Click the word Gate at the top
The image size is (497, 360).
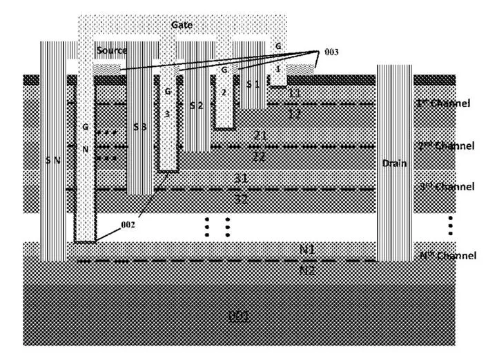click(183, 25)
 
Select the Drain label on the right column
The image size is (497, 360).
click(396, 163)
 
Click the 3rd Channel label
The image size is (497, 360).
click(447, 187)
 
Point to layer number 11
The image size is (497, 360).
click(295, 92)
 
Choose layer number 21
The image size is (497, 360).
click(260, 136)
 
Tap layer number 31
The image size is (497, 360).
click(241, 179)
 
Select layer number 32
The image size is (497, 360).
click(241, 199)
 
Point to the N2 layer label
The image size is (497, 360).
click(307, 270)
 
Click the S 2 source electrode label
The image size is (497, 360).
click(196, 106)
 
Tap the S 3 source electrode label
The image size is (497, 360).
click(140, 127)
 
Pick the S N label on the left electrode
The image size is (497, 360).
click(52, 160)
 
